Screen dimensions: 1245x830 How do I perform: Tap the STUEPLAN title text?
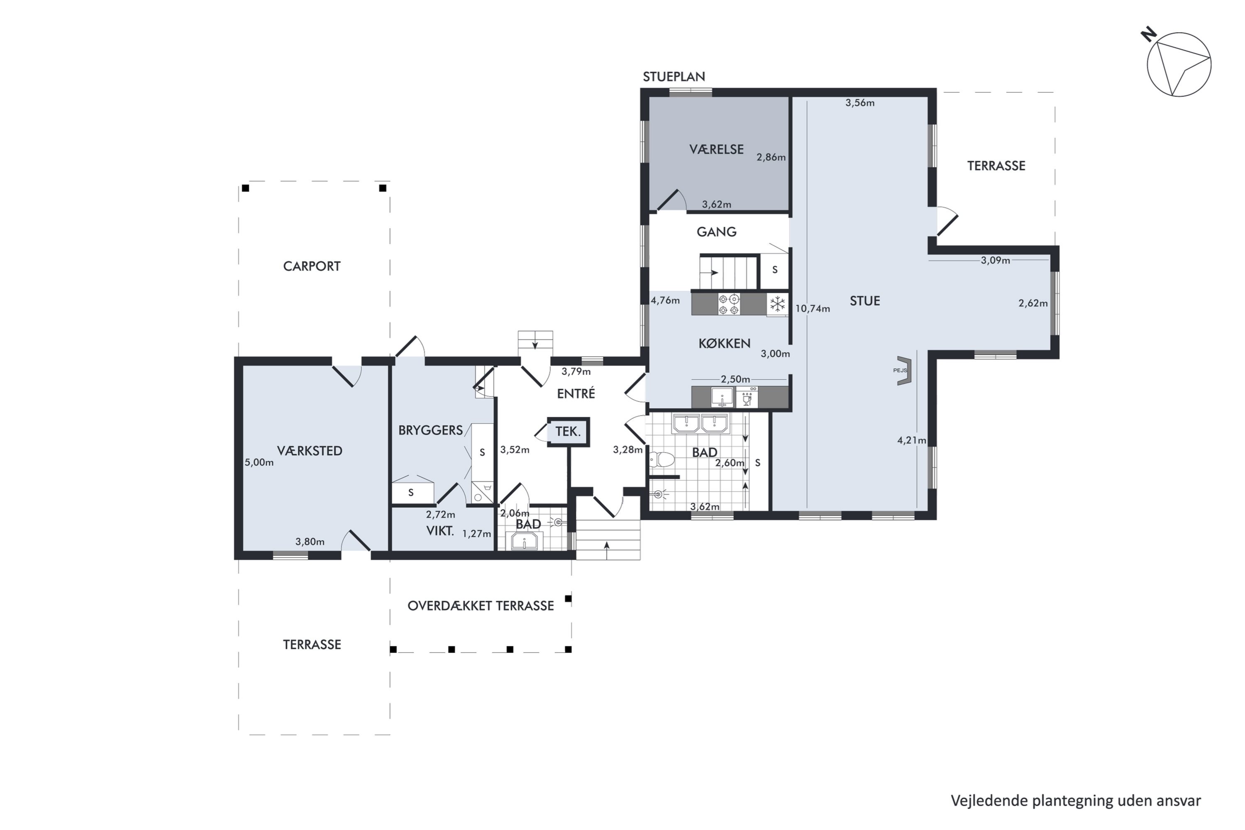pyautogui.click(x=674, y=77)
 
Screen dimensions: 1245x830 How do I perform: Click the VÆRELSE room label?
pyautogui.click(x=716, y=150)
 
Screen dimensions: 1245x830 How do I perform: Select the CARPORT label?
pyautogui.click(x=312, y=266)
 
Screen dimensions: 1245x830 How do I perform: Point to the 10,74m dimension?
pyautogui.click(x=813, y=309)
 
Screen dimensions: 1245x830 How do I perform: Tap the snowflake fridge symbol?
pyautogui.click(x=777, y=304)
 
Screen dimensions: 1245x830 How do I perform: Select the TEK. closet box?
pyautogui.click(x=568, y=432)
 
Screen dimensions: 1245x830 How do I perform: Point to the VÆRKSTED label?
pyautogui.click(x=310, y=451)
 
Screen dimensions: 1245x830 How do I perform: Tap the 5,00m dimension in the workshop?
pyautogui.click(x=259, y=463)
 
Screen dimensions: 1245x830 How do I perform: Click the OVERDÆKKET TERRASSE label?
pyautogui.click(x=481, y=605)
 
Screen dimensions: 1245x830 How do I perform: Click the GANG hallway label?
pyautogui.click(x=716, y=232)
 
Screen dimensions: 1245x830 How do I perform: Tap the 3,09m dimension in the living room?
pyautogui.click(x=995, y=261)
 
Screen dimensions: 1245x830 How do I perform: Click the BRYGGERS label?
pyautogui.click(x=430, y=430)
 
